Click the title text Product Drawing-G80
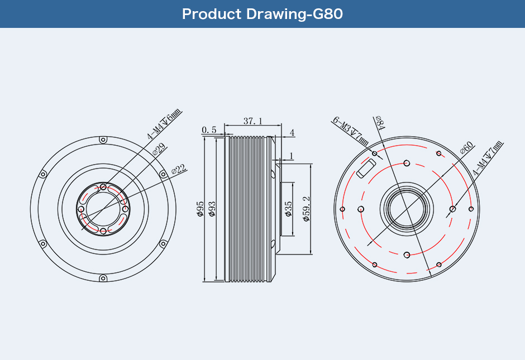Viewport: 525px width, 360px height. click(262, 14)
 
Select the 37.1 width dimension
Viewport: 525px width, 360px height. click(253, 121)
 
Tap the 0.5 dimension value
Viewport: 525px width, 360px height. click(209, 129)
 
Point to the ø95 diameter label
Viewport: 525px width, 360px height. click(200, 209)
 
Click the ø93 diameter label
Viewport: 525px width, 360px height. click(212, 209)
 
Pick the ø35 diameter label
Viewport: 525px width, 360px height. click(288, 209)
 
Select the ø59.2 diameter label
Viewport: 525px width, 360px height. click(307, 209)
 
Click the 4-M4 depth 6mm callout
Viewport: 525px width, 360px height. click(164, 124)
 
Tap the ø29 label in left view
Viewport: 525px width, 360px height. click(159, 149)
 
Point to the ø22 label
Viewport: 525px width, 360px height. click(179, 169)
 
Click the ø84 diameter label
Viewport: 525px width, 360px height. click(380, 122)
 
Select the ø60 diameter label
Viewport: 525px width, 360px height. click(467, 147)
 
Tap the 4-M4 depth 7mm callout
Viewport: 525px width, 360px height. click(488, 159)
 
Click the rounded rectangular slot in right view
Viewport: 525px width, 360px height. click(366, 169)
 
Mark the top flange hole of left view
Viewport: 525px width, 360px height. click(103, 140)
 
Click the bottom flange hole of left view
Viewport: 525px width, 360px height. click(103, 278)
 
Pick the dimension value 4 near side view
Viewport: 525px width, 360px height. click(292, 133)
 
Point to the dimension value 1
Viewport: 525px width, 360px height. click(291, 156)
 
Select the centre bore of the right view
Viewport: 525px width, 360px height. click(407, 209)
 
